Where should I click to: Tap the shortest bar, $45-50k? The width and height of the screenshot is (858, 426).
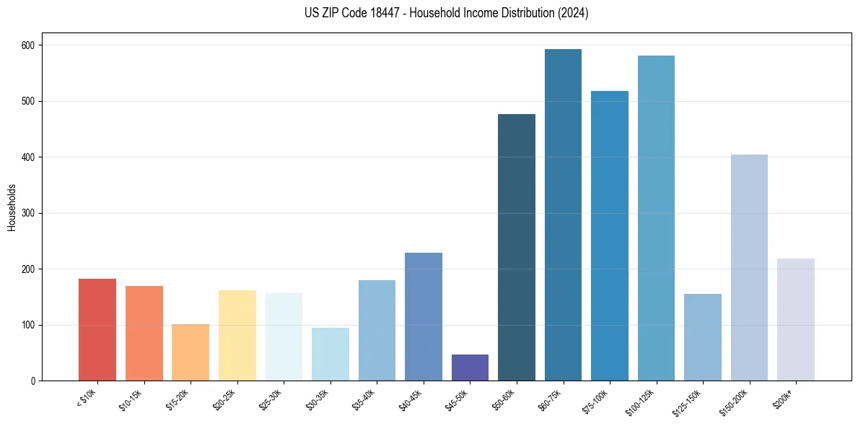point(470,368)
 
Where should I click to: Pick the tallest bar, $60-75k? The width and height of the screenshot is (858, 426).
point(563,215)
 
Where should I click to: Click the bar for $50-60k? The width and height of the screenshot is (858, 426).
point(517,248)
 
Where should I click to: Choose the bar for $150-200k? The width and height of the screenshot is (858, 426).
point(749,268)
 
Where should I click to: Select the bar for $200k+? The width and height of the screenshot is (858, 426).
point(796,320)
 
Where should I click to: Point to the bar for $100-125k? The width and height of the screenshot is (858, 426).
point(656,218)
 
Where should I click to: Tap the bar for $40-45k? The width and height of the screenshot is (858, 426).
point(424,317)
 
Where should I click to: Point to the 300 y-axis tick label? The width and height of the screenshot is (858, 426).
point(30,213)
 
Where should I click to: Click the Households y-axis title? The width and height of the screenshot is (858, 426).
point(12,207)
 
